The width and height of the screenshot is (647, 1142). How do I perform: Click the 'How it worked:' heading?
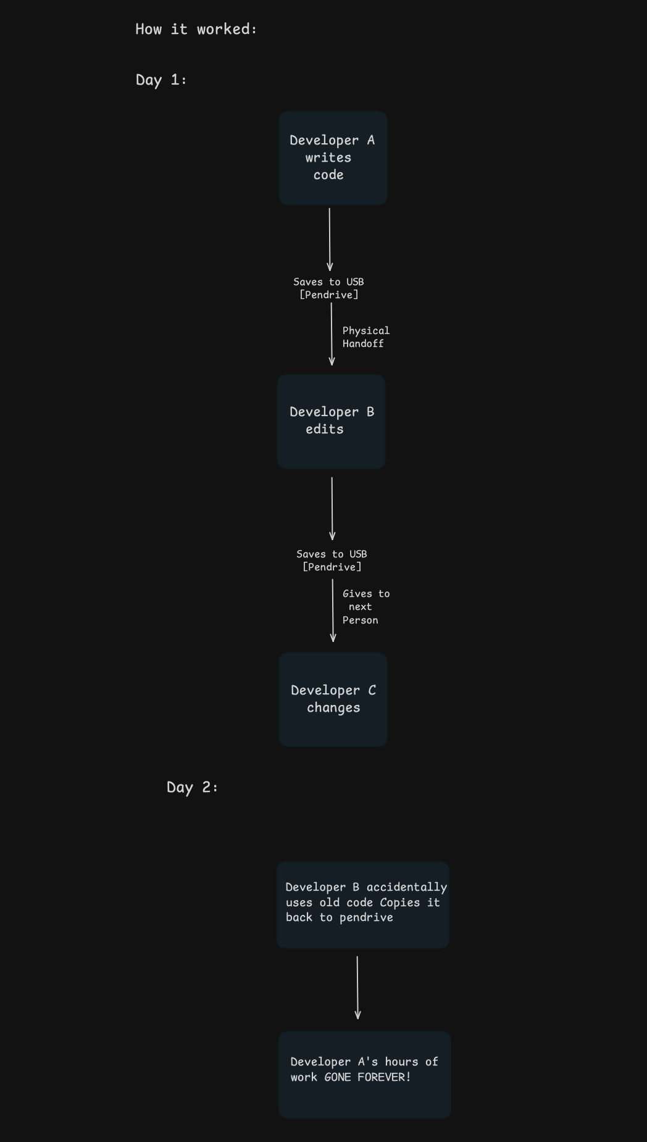[x=196, y=29]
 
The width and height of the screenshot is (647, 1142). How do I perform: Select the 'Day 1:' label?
[x=161, y=80]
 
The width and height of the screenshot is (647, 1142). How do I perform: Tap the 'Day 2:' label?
[x=192, y=787]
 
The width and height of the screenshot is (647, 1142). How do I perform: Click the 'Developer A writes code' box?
[x=333, y=158]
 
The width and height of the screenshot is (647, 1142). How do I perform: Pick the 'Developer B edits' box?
[x=332, y=422]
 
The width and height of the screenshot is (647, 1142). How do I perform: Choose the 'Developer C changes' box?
[x=333, y=699]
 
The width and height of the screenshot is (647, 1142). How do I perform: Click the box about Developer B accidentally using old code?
[x=363, y=905]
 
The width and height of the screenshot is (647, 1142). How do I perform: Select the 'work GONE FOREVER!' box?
[x=364, y=1075]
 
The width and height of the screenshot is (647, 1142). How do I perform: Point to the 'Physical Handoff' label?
[x=365, y=337]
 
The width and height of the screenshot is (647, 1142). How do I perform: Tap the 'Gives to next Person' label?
[x=365, y=607]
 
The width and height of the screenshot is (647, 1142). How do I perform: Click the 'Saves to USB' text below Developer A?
[x=328, y=281]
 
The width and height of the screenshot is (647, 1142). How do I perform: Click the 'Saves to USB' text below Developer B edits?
[x=332, y=554]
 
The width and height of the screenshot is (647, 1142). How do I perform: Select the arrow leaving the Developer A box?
[x=330, y=240]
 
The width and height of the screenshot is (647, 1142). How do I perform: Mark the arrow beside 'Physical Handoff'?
[x=332, y=334]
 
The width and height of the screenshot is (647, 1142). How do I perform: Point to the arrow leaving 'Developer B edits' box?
[x=332, y=509]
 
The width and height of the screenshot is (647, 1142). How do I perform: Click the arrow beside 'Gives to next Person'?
[x=333, y=611]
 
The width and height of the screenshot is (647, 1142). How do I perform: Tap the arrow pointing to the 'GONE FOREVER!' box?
[x=357, y=988]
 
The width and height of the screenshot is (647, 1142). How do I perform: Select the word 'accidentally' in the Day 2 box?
[x=406, y=888]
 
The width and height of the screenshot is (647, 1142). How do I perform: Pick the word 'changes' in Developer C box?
[x=333, y=708]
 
